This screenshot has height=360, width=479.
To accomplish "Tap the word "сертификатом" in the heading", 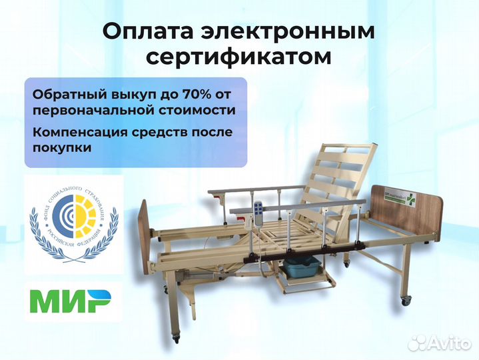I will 239,57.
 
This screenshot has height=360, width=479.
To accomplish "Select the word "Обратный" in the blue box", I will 62,93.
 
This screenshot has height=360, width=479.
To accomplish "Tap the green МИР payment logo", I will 73,302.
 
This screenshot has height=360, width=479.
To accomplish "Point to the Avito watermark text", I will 442,342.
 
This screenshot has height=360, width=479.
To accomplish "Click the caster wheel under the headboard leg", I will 406,301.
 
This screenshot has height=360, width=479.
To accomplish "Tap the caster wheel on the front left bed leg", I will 177,339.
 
